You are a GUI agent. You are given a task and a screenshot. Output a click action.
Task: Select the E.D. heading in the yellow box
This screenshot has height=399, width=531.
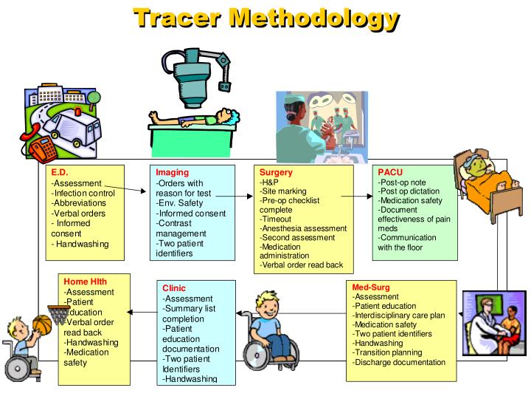click(60, 173)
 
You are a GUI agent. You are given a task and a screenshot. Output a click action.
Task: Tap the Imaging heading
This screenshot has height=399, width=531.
click(173, 173)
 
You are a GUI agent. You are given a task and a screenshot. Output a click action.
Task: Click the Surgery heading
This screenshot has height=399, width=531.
click(277, 173)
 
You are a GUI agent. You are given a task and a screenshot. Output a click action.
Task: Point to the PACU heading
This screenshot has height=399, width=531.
click(391, 171)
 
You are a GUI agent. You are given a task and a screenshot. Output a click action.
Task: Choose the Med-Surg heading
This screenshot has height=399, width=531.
click(370, 287)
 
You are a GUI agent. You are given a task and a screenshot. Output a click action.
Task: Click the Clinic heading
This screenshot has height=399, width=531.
click(175, 288)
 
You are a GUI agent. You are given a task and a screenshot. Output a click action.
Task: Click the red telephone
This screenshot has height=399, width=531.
click(43, 145)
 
